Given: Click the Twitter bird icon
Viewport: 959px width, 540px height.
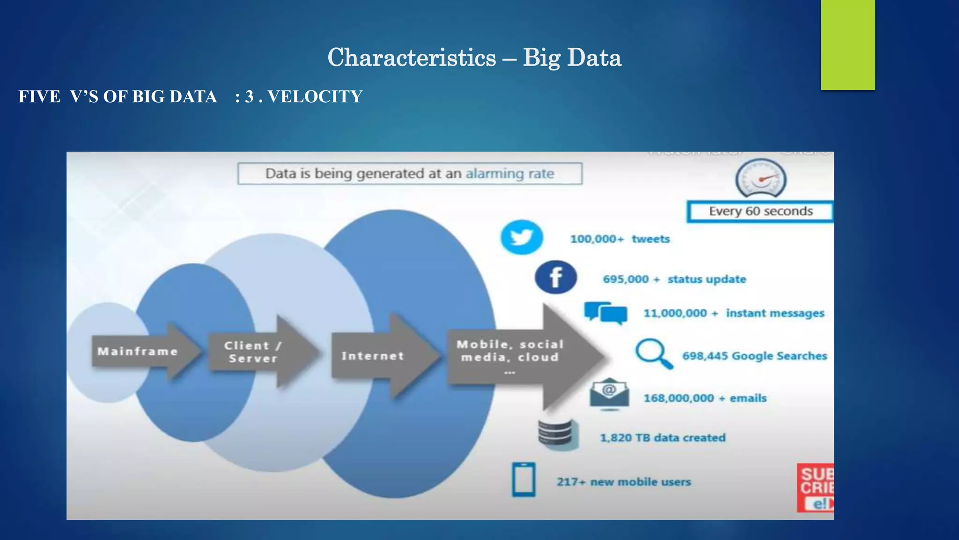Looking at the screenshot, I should pos(522,237).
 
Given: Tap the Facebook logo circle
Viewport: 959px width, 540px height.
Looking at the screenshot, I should pos(556,277).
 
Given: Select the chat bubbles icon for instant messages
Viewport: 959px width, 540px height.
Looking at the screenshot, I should pos(606,313).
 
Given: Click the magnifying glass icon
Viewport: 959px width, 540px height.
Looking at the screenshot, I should pos(654,353).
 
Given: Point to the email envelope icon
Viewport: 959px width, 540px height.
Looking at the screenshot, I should pos(609,394).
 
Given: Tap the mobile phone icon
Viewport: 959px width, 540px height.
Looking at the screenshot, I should pos(524,480).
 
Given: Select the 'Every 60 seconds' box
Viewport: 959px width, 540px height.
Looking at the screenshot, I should pos(760,211).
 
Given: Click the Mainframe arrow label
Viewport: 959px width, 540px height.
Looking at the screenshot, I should pos(138,352).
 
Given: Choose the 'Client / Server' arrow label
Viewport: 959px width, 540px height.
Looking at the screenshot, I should pos(253,352).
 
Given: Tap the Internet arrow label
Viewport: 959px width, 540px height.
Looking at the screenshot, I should pos(373,356).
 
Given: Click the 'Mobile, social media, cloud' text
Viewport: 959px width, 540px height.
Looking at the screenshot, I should pos(510,351).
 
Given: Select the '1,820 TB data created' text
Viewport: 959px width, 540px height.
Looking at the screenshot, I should pos(663,438).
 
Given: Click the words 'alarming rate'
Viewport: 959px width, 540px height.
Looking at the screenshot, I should pos(509,174).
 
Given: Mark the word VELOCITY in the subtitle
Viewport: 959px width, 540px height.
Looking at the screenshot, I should pos(315,97).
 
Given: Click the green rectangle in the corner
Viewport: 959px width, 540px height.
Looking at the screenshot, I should pos(848,45).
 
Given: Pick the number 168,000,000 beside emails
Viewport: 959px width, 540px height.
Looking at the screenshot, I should pos(679,398).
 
